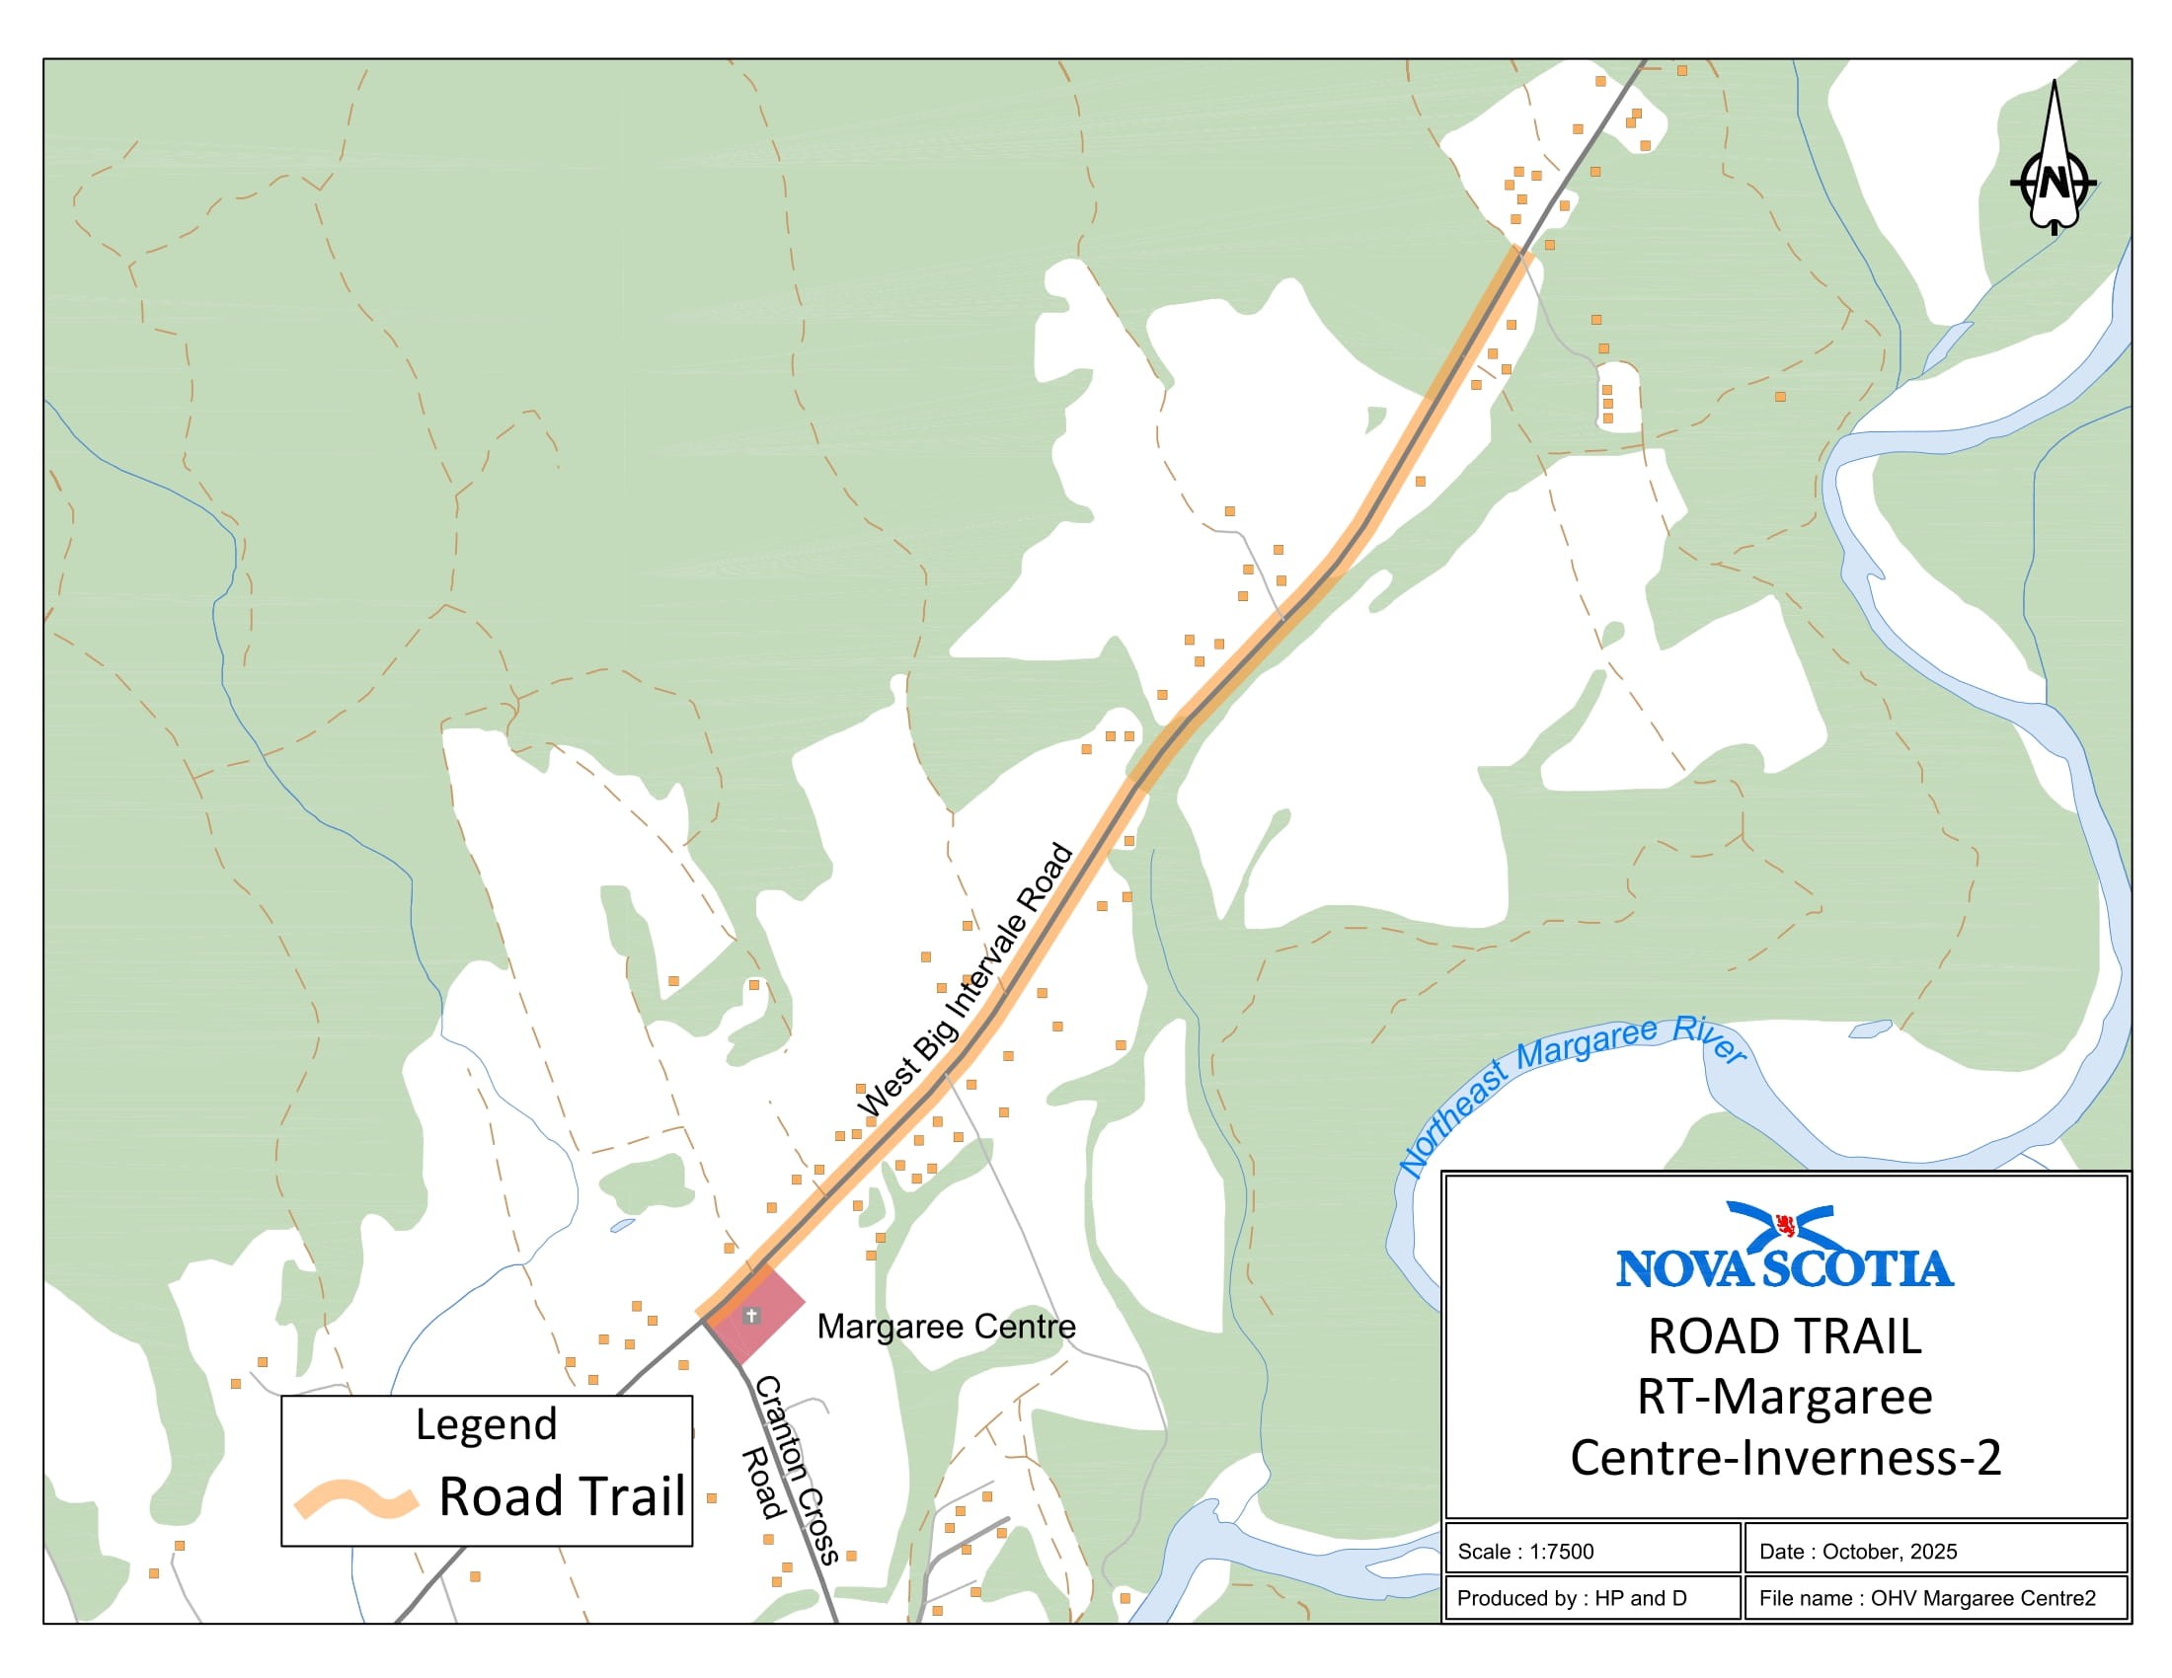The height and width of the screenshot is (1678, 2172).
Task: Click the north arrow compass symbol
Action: (x=2054, y=159)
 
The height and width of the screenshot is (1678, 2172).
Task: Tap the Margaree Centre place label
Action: (x=946, y=1326)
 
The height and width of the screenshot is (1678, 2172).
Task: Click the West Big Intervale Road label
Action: (x=965, y=981)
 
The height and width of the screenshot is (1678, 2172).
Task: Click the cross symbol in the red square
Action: (x=752, y=1316)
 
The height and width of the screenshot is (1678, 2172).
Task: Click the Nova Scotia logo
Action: (x=1785, y=1247)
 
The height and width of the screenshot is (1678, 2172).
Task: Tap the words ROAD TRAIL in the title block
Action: (x=1785, y=1336)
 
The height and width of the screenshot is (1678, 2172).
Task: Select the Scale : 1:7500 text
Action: (x=1525, y=1552)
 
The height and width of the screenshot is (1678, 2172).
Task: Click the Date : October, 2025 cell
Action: (x=1858, y=1552)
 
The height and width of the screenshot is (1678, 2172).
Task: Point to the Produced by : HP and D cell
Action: (x=1572, y=1598)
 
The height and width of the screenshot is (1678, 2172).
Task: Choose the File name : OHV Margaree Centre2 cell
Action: (x=1927, y=1598)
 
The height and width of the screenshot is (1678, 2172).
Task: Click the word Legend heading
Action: (x=487, y=1424)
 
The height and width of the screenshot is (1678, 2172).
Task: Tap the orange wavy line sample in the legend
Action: (x=355, y=1498)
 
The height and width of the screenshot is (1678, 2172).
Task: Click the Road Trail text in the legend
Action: (x=562, y=1496)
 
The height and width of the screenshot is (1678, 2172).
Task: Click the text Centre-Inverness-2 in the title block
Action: (x=1785, y=1457)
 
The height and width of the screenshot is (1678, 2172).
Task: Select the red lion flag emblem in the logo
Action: (x=1785, y=1225)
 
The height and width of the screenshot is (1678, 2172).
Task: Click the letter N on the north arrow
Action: (x=2054, y=184)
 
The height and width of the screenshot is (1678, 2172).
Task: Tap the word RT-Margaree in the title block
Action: (x=1785, y=1397)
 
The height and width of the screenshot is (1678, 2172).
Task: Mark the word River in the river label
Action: (x=1711, y=1039)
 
